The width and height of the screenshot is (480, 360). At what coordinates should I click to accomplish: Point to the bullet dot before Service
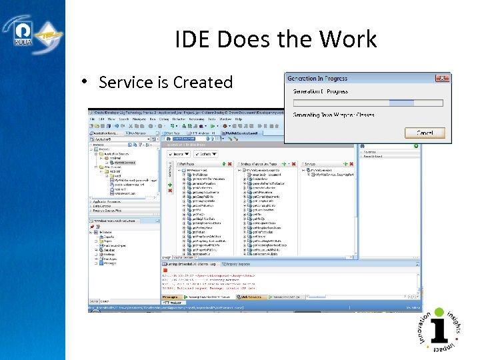[x=85, y=81]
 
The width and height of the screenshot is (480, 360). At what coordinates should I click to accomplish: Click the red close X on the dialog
[x=441, y=79]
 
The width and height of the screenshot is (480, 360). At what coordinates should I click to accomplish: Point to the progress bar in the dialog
[x=367, y=103]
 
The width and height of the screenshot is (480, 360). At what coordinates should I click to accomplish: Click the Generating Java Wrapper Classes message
[x=333, y=115]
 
